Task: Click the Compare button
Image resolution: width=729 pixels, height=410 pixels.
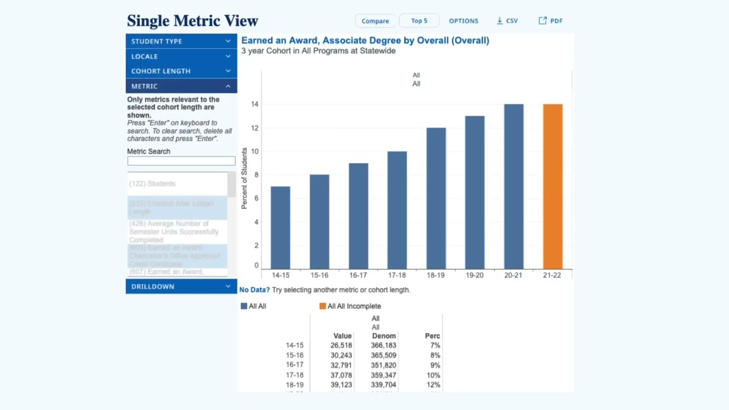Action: click(x=375, y=21)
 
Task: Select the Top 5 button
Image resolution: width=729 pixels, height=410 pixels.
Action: click(x=419, y=21)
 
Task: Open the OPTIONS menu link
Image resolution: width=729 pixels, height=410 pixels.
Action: click(x=463, y=21)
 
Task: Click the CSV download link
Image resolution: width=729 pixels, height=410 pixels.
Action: click(x=507, y=21)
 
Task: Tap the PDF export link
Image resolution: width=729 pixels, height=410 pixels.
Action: click(x=551, y=21)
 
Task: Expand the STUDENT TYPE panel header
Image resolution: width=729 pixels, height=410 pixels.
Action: click(x=181, y=41)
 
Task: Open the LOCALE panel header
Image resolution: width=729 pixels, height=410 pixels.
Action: click(x=181, y=56)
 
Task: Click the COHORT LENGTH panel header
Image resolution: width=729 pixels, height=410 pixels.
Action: click(x=181, y=71)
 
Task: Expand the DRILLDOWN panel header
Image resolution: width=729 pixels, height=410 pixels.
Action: click(x=181, y=286)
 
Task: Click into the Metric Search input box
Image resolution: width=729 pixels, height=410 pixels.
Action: click(x=181, y=161)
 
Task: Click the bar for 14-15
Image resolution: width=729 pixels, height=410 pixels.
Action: click(x=280, y=228)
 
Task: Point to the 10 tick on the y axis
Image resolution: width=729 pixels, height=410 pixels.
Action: click(x=255, y=151)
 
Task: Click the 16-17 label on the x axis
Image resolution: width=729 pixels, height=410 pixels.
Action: click(x=358, y=275)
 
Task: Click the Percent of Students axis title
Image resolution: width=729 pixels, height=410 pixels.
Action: click(x=244, y=178)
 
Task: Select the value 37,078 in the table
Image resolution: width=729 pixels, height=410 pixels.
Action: click(x=341, y=375)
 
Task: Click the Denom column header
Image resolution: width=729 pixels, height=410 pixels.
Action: click(x=384, y=336)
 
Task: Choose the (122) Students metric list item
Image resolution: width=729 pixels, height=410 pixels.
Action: click(x=153, y=184)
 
